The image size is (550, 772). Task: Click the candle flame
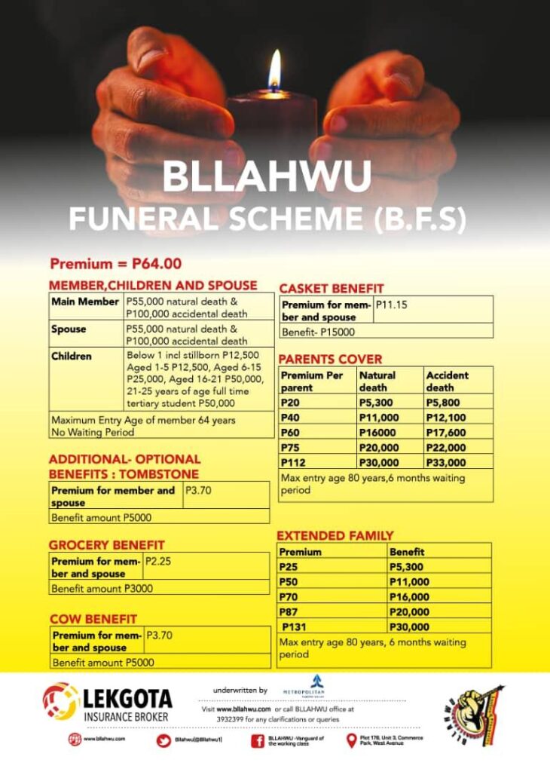(274, 72)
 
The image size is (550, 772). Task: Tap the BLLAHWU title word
(267, 176)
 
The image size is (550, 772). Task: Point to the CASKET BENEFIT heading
(331, 288)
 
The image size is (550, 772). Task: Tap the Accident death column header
(447, 381)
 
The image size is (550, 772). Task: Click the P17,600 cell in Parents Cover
(446, 432)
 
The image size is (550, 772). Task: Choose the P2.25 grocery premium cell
(159, 561)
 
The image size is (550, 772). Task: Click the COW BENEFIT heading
(93, 619)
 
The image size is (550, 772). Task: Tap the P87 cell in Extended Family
(290, 611)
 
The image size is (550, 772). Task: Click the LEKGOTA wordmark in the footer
(127, 698)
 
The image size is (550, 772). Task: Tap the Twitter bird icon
(163, 740)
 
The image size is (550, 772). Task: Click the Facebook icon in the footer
(257, 740)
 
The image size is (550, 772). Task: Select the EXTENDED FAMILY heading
(335, 536)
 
